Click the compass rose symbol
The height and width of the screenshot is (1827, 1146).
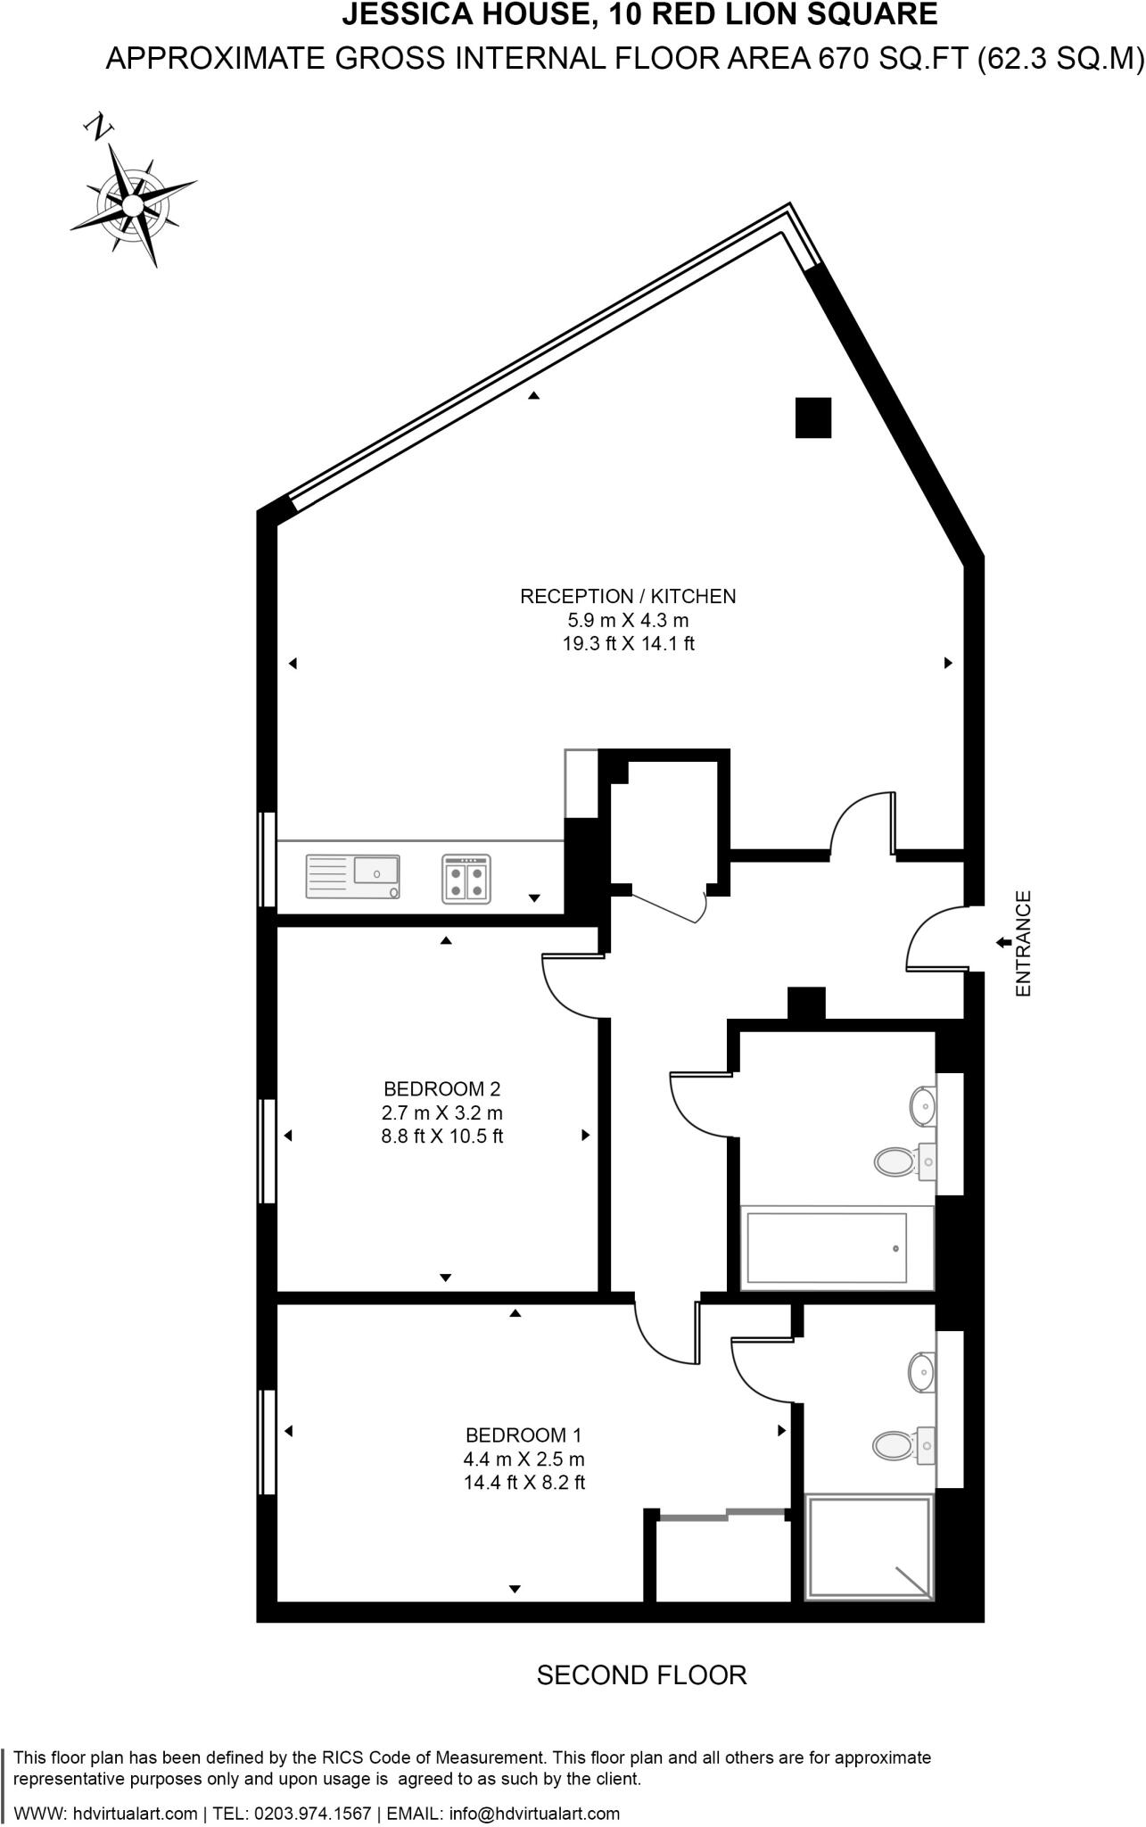pyautogui.click(x=132, y=205)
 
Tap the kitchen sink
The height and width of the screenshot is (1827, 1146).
pyautogui.click(x=353, y=876)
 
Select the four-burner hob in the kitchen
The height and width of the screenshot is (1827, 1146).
pyautogui.click(x=466, y=879)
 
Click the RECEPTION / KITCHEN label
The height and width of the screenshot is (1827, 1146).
pyautogui.click(x=628, y=596)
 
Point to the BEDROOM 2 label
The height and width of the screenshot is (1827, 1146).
pyautogui.click(x=441, y=1088)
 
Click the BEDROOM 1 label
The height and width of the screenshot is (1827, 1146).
pyautogui.click(x=524, y=1435)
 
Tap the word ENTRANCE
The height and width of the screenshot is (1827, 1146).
pyautogui.click(x=1023, y=943)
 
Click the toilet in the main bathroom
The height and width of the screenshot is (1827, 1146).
pyautogui.click(x=895, y=1162)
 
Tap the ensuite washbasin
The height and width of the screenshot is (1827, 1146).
pyautogui.click(x=921, y=1371)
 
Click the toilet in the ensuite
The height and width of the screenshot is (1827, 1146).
pyautogui.click(x=894, y=1443)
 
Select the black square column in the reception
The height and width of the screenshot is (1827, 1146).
pyautogui.click(x=812, y=417)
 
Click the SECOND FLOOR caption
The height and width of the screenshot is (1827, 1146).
pyautogui.click(x=641, y=1675)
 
